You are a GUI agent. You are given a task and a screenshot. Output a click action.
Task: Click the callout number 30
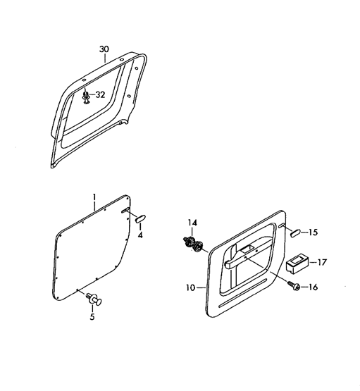point(104,49)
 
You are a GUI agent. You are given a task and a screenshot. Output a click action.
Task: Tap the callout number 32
point(101,95)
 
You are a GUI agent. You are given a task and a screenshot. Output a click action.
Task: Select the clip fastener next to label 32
point(86,97)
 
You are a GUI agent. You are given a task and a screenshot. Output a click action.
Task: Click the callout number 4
point(140,235)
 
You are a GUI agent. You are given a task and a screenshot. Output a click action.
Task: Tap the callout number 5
point(92,317)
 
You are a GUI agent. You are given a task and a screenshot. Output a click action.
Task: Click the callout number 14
point(192,223)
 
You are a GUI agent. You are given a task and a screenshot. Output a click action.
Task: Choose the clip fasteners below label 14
point(194,243)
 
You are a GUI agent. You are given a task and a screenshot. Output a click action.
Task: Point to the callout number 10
point(191,287)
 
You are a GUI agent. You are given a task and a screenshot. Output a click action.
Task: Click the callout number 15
point(313,232)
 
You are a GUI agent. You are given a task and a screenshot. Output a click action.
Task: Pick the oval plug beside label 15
point(296,233)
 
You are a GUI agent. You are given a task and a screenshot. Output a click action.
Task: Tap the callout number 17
point(322,262)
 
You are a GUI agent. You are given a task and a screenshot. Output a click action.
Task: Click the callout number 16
point(313,287)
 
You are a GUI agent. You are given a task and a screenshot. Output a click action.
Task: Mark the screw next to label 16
point(294,286)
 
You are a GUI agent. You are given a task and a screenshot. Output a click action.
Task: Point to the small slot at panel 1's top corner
point(125,210)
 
